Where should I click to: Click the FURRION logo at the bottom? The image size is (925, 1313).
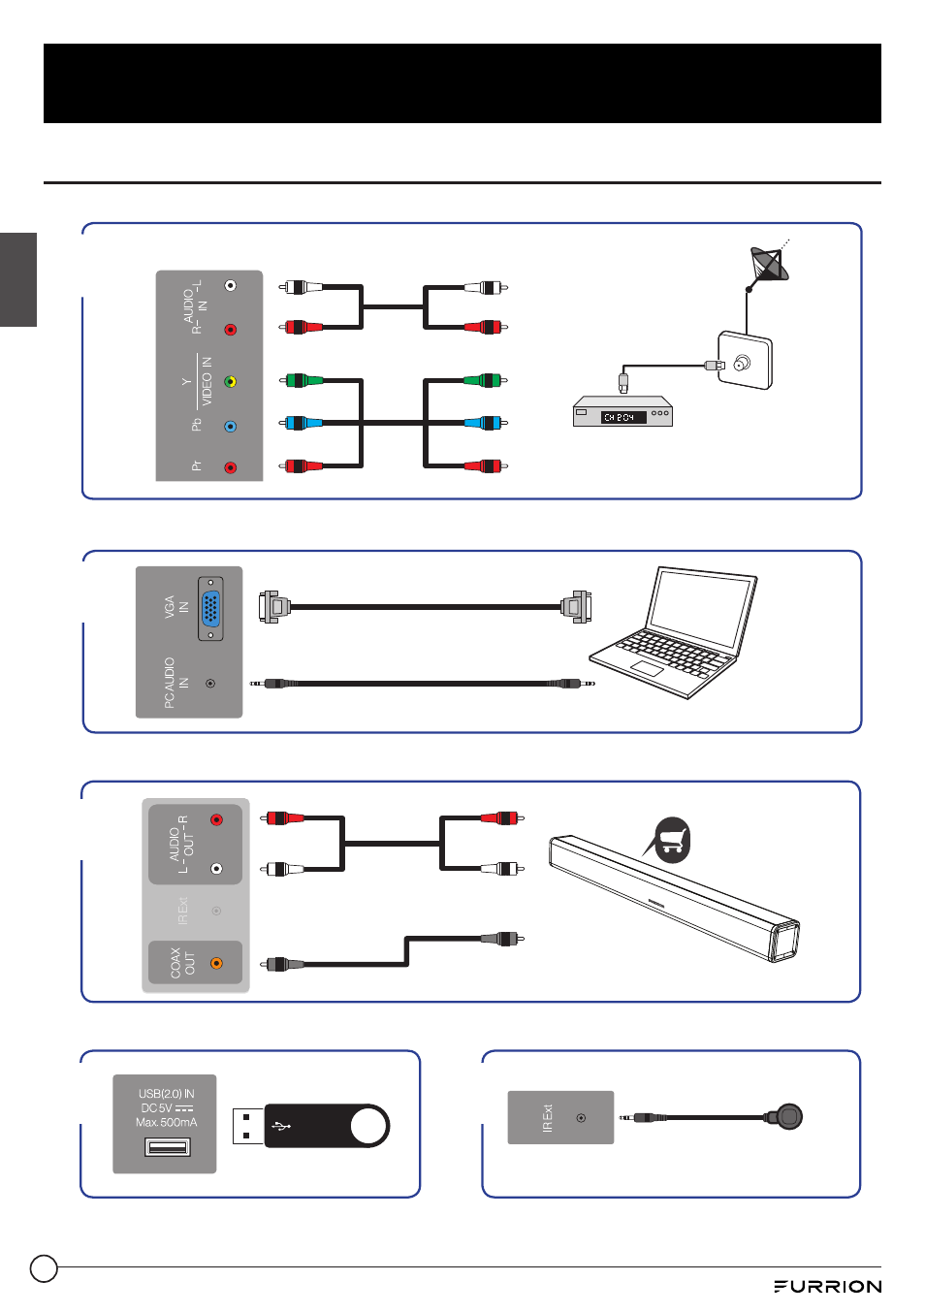827,1286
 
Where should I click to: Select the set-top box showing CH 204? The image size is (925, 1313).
622,412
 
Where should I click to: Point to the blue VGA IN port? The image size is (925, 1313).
210,610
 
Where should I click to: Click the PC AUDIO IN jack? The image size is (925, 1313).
210,684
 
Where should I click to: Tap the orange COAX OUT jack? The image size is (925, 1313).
216,963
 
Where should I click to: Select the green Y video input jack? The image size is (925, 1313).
230,381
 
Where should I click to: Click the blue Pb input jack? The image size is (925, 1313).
230,426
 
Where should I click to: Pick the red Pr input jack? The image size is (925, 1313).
230,467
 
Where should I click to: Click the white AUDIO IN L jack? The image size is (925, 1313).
230,285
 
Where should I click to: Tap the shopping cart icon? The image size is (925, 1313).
672,839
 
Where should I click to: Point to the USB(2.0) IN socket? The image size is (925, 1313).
167,1148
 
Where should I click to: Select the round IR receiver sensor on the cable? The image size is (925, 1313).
789,1117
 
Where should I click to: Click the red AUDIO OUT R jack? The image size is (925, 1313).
216,819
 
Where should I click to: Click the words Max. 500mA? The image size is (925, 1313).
166,1122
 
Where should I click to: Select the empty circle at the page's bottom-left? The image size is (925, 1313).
44,1268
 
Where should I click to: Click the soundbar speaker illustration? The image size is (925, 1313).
675,898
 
